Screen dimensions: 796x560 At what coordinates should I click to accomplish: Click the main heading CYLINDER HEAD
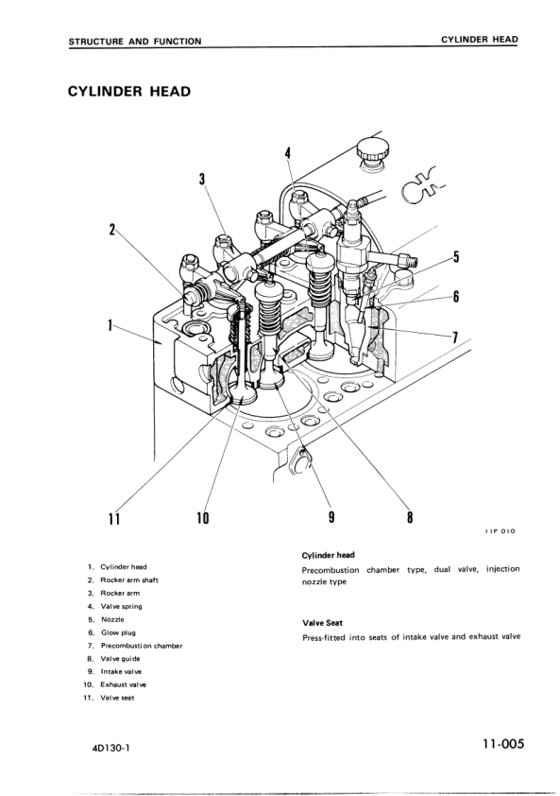tap(128, 92)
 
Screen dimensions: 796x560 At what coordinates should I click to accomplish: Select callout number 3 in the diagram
tap(202, 179)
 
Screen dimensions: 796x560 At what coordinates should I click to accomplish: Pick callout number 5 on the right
tap(455, 257)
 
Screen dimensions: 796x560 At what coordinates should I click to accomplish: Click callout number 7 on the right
tap(455, 337)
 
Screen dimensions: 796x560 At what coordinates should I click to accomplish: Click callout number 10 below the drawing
tap(202, 517)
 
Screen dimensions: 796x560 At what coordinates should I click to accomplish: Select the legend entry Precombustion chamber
tap(141, 645)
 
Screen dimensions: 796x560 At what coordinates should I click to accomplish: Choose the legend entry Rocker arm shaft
tap(130, 579)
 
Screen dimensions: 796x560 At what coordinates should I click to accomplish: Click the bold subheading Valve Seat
tap(320, 622)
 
